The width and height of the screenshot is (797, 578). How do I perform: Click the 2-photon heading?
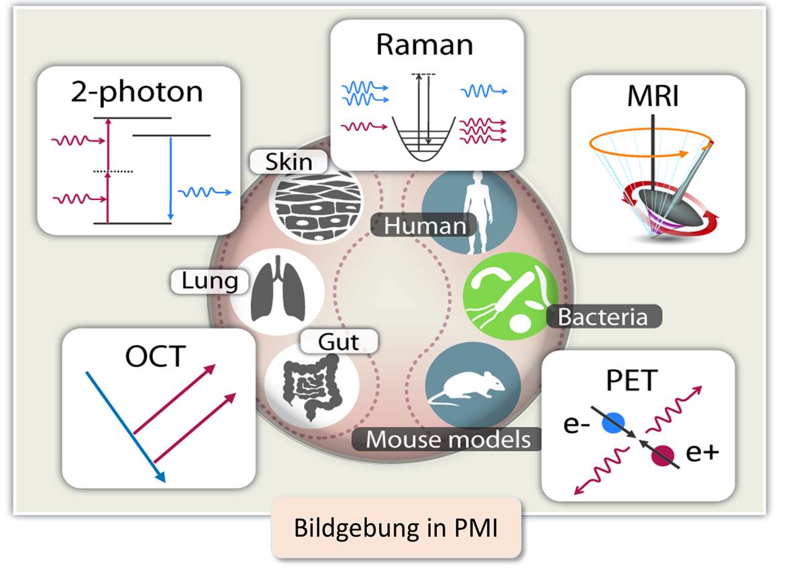(137, 92)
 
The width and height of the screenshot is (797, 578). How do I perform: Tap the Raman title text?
(424, 45)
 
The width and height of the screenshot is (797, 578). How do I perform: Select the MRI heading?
(653, 97)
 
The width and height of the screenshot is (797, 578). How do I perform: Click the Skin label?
(288, 162)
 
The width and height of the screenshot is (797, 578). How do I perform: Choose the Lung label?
(210, 281)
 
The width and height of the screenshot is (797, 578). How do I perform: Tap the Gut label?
(339, 342)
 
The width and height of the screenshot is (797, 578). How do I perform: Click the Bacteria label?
(602, 316)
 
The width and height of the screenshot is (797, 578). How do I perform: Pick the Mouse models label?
(447, 440)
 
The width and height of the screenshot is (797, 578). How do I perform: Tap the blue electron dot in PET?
(613, 423)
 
